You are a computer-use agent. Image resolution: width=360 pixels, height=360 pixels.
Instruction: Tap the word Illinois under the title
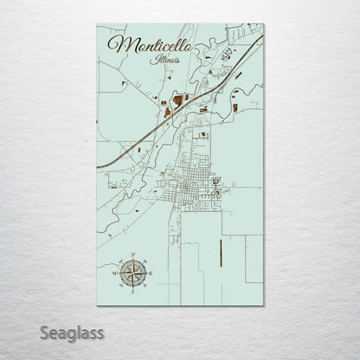pos(163,60)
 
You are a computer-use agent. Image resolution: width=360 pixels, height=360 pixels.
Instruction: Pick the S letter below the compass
pos(132,292)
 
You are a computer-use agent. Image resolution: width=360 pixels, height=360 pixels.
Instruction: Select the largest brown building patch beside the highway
pos(178,100)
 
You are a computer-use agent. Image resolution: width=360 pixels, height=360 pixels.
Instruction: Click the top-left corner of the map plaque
pos(97,24)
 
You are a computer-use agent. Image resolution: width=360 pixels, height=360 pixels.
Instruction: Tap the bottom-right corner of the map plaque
pos(263,305)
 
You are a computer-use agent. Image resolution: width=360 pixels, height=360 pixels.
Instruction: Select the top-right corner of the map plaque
pos(263,24)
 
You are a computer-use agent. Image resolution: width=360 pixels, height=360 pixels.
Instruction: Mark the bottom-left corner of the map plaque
pos(97,305)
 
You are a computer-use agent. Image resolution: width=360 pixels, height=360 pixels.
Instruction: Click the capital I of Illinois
pos(151,59)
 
